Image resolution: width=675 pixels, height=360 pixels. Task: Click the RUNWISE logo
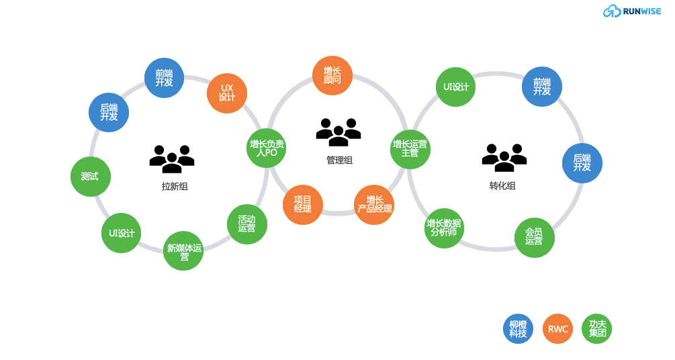tap(631, 11)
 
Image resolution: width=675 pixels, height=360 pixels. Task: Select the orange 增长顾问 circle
tap(332, 75)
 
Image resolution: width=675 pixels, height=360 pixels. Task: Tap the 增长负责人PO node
tap(267, 148)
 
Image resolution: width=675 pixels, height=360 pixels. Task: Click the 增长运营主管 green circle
tap(410, 148)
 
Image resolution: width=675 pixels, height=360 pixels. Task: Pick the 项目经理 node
tap(303, 204)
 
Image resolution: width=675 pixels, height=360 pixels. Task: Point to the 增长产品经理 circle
tap(374, 204)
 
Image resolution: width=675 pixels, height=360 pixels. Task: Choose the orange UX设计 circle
tap(227, 93)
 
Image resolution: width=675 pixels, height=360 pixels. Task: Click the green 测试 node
tap(90, 177)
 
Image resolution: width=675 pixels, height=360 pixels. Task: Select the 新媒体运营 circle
tap(183, 251)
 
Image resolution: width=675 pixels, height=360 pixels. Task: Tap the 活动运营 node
tap(247, 224)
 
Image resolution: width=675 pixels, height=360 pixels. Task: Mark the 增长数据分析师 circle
tap(444, 228)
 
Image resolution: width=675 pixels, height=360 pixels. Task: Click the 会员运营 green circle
tap(535, 237)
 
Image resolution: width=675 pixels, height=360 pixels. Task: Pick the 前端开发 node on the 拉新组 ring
tap(165, 78)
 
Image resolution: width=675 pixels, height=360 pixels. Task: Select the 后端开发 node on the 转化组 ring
tap(582, 163)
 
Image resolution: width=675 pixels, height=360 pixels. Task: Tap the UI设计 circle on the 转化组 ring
tap(456, 87)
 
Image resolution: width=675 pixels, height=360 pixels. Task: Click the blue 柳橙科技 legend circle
tap(518, 329)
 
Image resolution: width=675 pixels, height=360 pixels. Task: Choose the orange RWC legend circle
tap(557, 329)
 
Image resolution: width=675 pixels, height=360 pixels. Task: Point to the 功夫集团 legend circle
tap(597, 329)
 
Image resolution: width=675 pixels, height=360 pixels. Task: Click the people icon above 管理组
tap(339, 132)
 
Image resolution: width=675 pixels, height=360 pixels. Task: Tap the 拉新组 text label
tap(175, 187)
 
